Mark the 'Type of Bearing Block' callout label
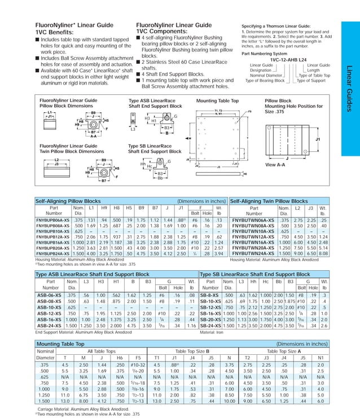pos(267,81)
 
